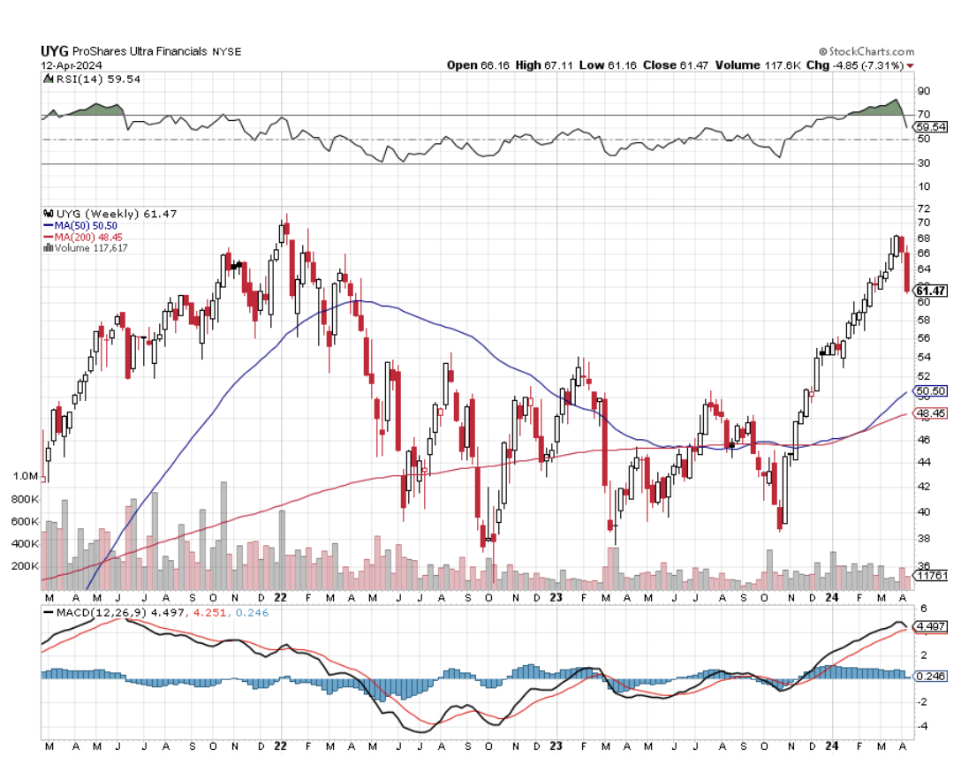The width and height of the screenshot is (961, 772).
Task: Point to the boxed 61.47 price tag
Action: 931,291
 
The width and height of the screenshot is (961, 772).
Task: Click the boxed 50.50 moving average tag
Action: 931,391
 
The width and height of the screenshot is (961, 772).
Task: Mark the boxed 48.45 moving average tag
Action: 931,412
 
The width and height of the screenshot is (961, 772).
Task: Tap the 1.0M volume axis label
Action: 25,476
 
